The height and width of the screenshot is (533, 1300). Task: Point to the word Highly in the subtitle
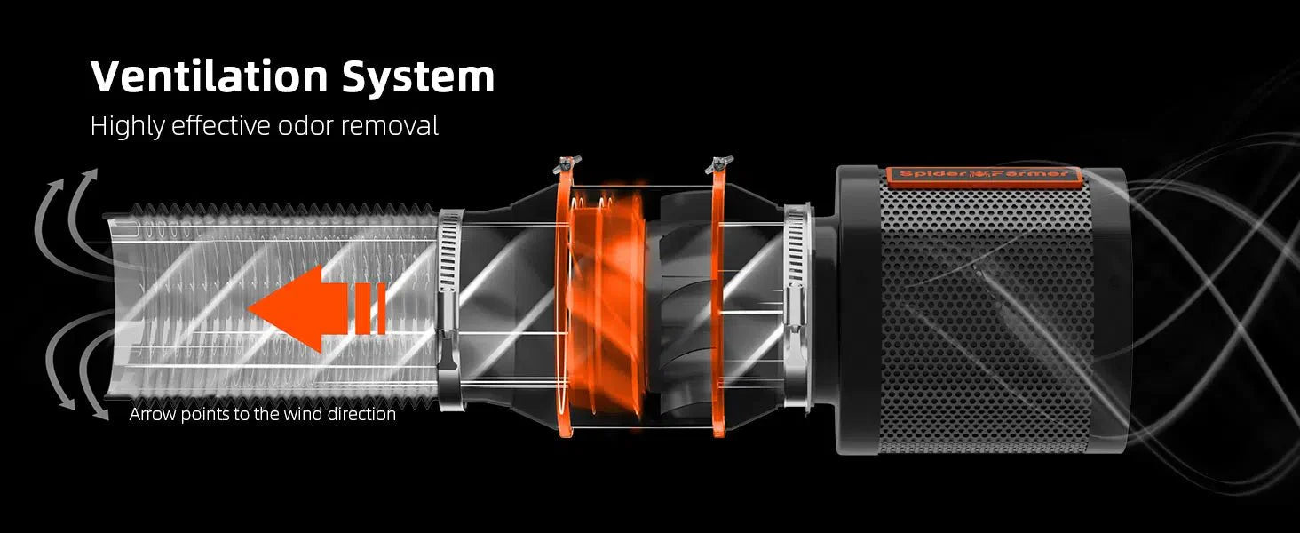127,127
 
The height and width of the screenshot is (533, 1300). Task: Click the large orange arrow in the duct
317,308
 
